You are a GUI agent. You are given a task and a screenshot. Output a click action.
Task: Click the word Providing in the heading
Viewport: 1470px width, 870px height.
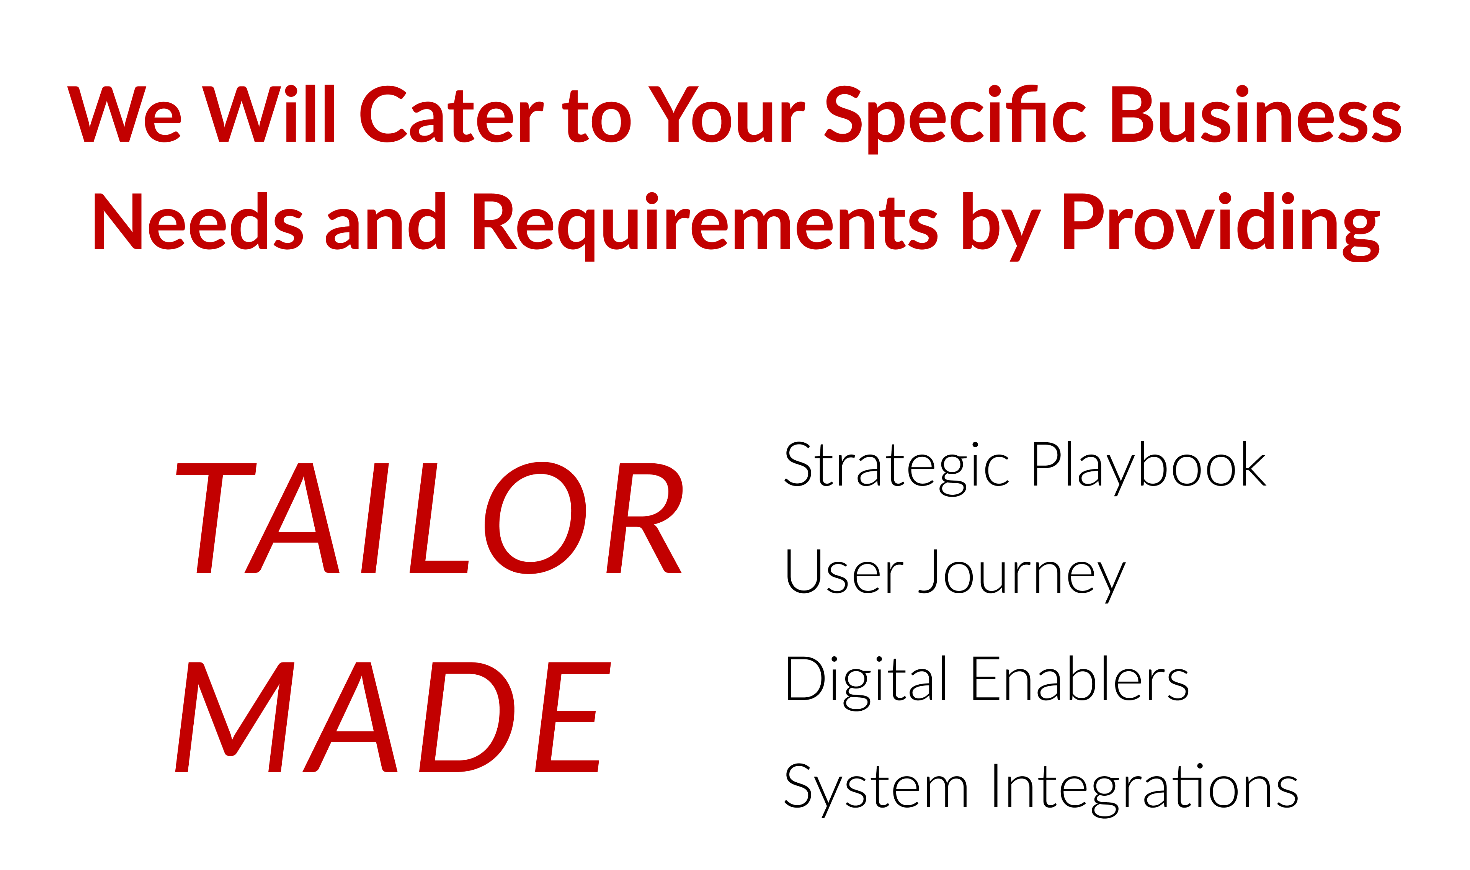coord(1222,226)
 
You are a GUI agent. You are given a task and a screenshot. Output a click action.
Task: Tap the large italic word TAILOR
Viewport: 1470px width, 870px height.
coord(430,518)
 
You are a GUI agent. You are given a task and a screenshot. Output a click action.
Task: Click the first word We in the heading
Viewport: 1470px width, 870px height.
coord(124,114)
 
